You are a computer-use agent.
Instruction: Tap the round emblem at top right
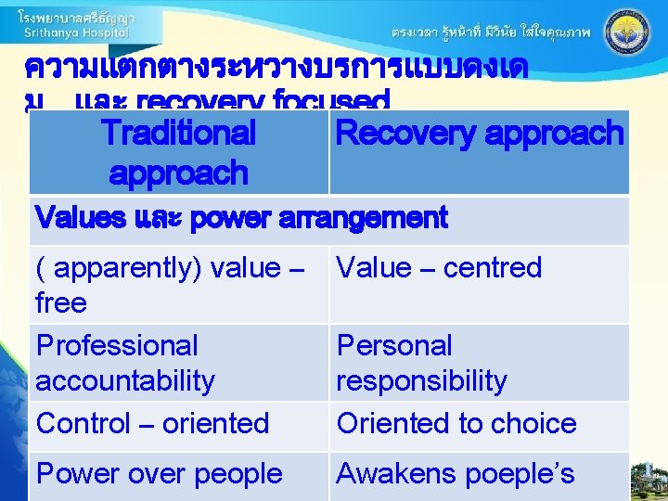point(627,31)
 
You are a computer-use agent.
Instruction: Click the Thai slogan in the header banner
point(491,32)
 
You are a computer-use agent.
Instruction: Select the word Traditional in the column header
point(178,134)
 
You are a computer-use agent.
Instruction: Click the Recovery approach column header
point(479,134)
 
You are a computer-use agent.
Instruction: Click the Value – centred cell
point(438,268)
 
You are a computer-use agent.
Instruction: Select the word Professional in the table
point(117,346)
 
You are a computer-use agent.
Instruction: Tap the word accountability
point(125,381)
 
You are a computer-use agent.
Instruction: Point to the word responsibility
point(421,381)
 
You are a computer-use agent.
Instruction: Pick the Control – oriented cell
point(152,424)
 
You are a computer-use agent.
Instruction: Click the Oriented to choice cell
point(456,424)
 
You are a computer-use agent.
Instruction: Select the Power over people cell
point(159,474)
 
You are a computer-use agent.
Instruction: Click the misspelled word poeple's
point(520,474)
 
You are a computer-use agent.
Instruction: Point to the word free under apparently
point(61,303)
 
